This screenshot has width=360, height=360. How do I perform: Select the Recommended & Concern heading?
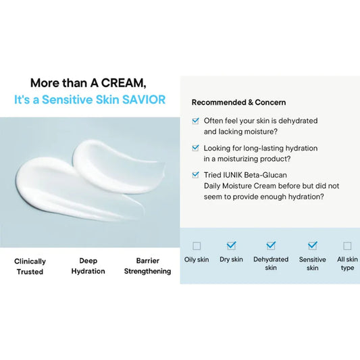[x=238, y=103]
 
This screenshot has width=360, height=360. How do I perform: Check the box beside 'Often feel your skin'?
[x=196, y=121]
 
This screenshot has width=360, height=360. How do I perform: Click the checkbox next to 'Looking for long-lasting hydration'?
[x=196, y=148]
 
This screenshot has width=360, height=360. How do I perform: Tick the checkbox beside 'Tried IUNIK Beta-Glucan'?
[x=196, y=174]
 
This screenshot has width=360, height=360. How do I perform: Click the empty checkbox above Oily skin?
[x=197, y=246]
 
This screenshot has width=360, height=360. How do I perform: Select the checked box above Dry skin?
[x=232, y=246]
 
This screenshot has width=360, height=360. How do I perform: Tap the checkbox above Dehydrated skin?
[x=271, y=246]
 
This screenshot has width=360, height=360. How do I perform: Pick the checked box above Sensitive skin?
[x=312, y=246]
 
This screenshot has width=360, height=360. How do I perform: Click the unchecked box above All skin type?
[x=347, y=246]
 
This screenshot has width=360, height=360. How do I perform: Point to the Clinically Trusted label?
[x=30, y=266]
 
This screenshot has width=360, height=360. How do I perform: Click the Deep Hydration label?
[x=88, y=266]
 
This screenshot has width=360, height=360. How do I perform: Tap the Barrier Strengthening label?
[x=147, y=266]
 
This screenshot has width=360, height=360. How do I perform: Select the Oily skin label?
[x=197, y=259]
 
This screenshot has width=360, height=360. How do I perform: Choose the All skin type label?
[x=347, y=263]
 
